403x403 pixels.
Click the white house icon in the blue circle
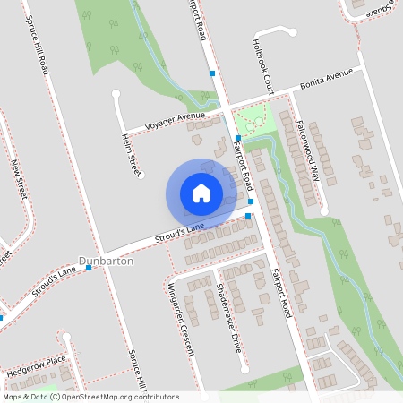[x=201, y=193]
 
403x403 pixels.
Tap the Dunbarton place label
[x=107, y=261]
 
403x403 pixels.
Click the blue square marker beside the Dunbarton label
[x=89, y=267]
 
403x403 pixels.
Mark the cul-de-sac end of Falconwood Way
[x=324, y=211]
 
